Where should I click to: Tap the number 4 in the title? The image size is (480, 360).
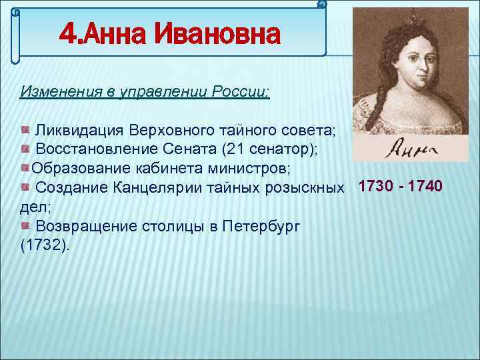[x=67, y=35]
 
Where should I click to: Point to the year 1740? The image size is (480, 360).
[x=425, y=186]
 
